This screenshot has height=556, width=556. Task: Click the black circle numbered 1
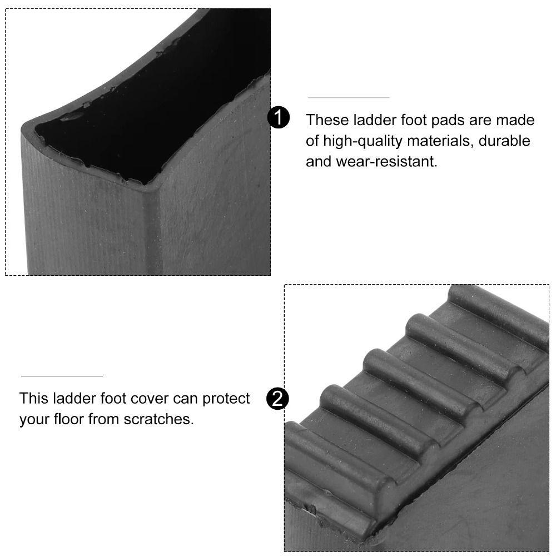click(279, 118)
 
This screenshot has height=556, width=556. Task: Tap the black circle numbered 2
click(277, 399)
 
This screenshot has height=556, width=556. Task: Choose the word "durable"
click(505, 141)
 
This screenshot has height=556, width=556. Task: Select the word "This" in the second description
click(34, 399)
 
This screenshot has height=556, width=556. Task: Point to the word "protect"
click(226, 399)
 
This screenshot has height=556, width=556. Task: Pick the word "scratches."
click(162, 419)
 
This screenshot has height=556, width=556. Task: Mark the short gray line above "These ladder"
click(349, 98)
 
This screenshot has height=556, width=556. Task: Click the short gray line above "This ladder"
click(62, 376)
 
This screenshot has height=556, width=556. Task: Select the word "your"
click(34, 419)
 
